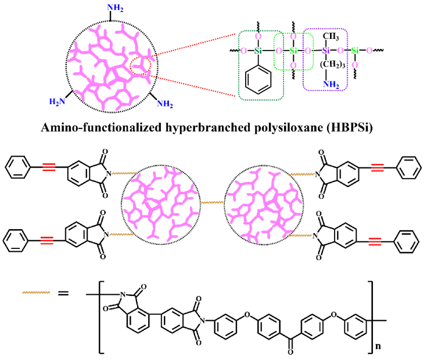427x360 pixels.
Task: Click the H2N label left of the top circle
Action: (58, 103)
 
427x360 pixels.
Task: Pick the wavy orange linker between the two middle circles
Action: (213, 202)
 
